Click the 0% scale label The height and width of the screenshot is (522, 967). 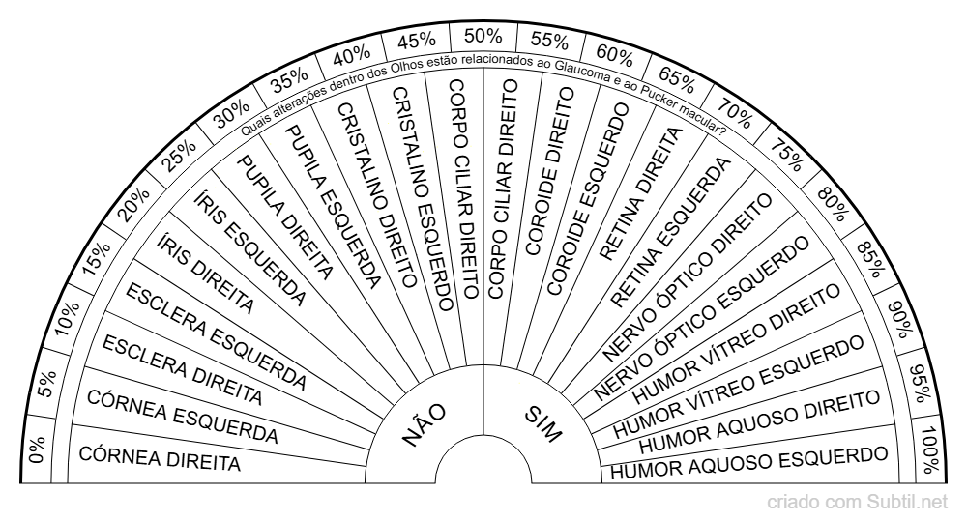tap(37, 449)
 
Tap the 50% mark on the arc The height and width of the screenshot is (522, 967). tap(483, 36)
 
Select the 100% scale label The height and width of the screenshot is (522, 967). tap(930, 449)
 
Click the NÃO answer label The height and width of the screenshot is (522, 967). tap(424, 424)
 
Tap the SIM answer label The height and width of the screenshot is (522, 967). tap(543, 424)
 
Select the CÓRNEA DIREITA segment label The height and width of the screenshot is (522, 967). tap(160, 458)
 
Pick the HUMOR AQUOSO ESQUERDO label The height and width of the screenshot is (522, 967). tap(748, 463)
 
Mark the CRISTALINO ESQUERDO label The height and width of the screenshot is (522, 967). tap(424, 198)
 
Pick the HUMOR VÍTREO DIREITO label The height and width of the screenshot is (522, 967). tap(736, 344)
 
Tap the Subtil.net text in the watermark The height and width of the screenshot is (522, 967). tap(907, 503)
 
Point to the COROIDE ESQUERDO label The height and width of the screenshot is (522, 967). tap(588, 198)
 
